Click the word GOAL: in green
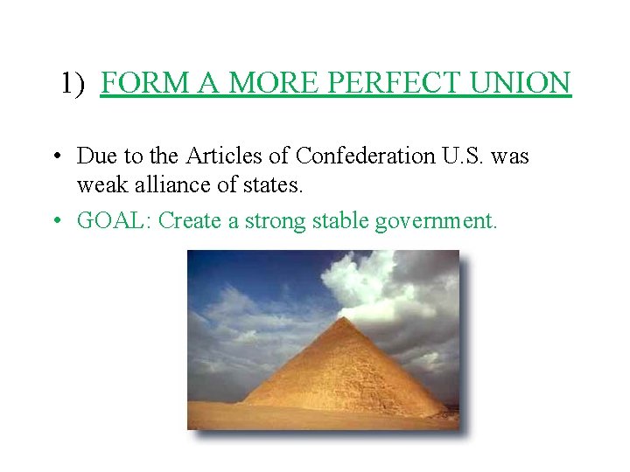tap(115, 220)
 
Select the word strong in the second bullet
tap(278, 221)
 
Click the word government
tap(436, 221)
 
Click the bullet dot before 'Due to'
tap(55, 157)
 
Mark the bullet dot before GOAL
tap(55, 221)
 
